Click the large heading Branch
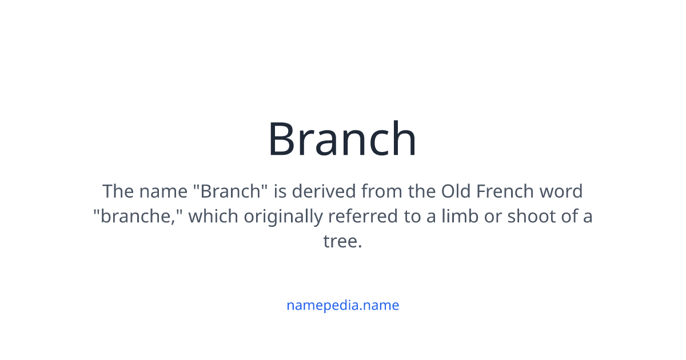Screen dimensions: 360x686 tap(342, 139)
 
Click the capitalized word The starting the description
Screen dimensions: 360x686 tap(118, 191)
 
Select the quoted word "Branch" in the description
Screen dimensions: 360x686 tap(231, 191)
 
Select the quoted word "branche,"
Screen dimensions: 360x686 tap(138, 216)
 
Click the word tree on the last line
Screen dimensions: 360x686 tap(341, 241)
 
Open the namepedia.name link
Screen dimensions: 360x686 tap(342, 305)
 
